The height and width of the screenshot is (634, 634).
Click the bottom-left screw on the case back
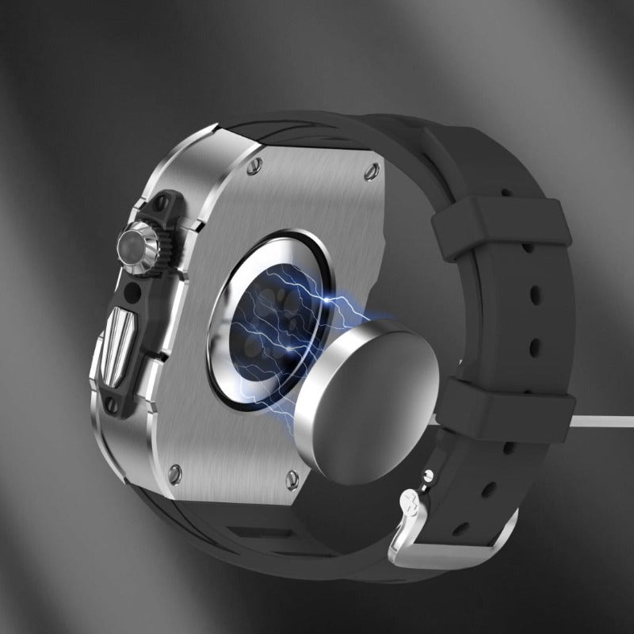click(x=175, y=474)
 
